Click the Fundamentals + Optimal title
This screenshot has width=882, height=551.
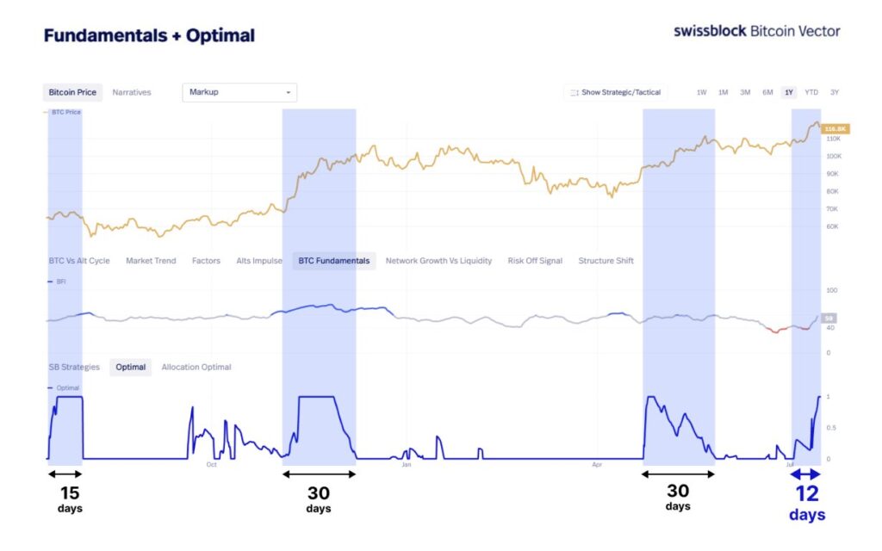[149, 36]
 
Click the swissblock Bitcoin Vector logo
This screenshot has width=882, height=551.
[756, 31]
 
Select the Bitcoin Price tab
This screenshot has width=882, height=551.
[71, 92]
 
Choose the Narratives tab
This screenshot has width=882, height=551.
[132, 92]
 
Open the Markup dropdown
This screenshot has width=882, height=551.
[239, 92]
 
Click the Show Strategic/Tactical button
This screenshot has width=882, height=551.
[615, 92]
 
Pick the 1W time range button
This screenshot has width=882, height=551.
[701, 92]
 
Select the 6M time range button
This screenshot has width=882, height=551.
[767, 92]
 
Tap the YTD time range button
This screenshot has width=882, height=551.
[811, 92]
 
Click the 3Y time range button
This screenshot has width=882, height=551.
[835, 92]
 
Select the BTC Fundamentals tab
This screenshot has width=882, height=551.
[333, 261]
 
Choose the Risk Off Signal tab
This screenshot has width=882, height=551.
[535, 261]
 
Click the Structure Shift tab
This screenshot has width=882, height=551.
[606, 261]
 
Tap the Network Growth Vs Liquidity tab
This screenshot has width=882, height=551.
[438, 261]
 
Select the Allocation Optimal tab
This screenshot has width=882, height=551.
[196, 368]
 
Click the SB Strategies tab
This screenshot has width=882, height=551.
[74, 368]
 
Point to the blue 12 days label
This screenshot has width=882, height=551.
[807, 502]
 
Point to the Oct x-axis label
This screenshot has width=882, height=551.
[211, 465]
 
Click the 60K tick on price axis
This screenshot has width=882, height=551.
[832, 226]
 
